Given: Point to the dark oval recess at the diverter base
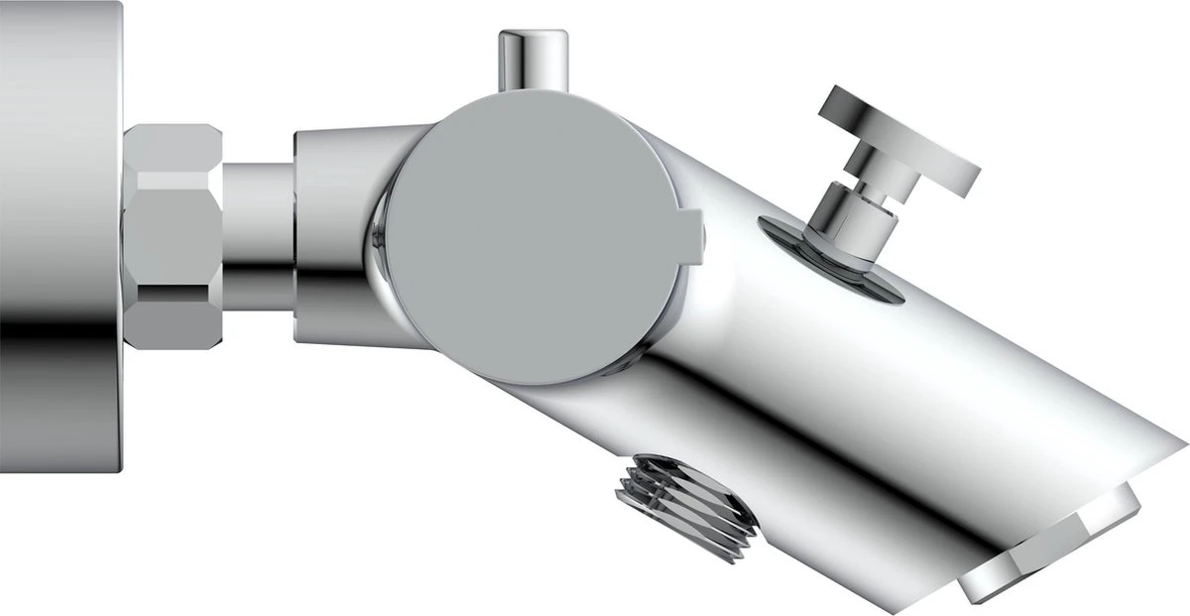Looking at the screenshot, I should (x=833, y=260).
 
